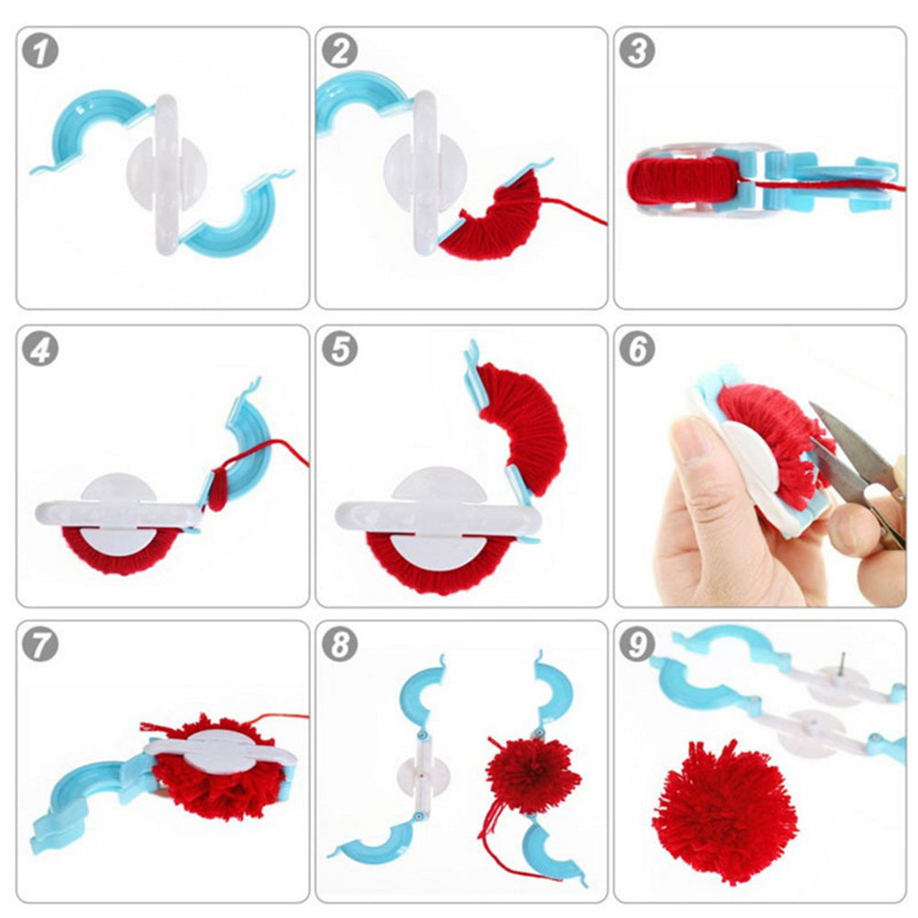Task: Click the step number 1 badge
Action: [40, 51]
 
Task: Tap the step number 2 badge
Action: [340, 51]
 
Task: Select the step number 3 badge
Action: [638, 51]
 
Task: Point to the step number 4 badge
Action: [40, 350]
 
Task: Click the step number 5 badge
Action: [340, 350]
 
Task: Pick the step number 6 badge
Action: [638, 350]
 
